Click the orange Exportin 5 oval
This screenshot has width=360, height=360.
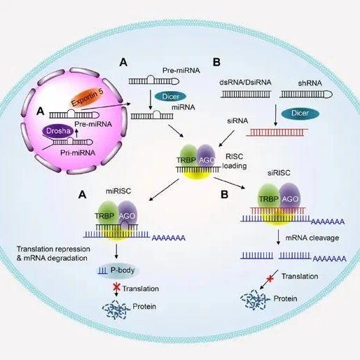[88, 97]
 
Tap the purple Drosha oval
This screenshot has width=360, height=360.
[58, 131]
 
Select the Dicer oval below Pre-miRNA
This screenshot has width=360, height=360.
[170, 97]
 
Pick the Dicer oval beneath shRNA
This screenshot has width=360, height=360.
[300, 113]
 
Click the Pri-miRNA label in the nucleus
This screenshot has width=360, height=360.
[78, 153]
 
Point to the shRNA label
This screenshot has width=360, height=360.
[310, 83]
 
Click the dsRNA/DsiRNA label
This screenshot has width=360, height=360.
[245, 82]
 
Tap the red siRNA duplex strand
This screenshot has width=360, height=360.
[277, 132]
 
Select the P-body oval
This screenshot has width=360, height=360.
[118, 270]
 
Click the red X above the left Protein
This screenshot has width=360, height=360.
[116, 287]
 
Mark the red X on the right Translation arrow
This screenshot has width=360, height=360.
[270, 278]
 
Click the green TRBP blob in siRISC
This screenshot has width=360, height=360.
[268, 195]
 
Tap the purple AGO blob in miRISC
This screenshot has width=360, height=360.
[127, 213]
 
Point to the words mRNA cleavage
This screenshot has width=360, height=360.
[312, 238]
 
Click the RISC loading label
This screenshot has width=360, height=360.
[235, 161]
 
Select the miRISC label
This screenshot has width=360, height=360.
[118, 191]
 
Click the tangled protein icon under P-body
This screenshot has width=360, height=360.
[116, 310]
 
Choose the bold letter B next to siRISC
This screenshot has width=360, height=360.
[224, 195]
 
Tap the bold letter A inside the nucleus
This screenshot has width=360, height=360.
[41, 111]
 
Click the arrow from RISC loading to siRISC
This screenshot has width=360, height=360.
[229, 183]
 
